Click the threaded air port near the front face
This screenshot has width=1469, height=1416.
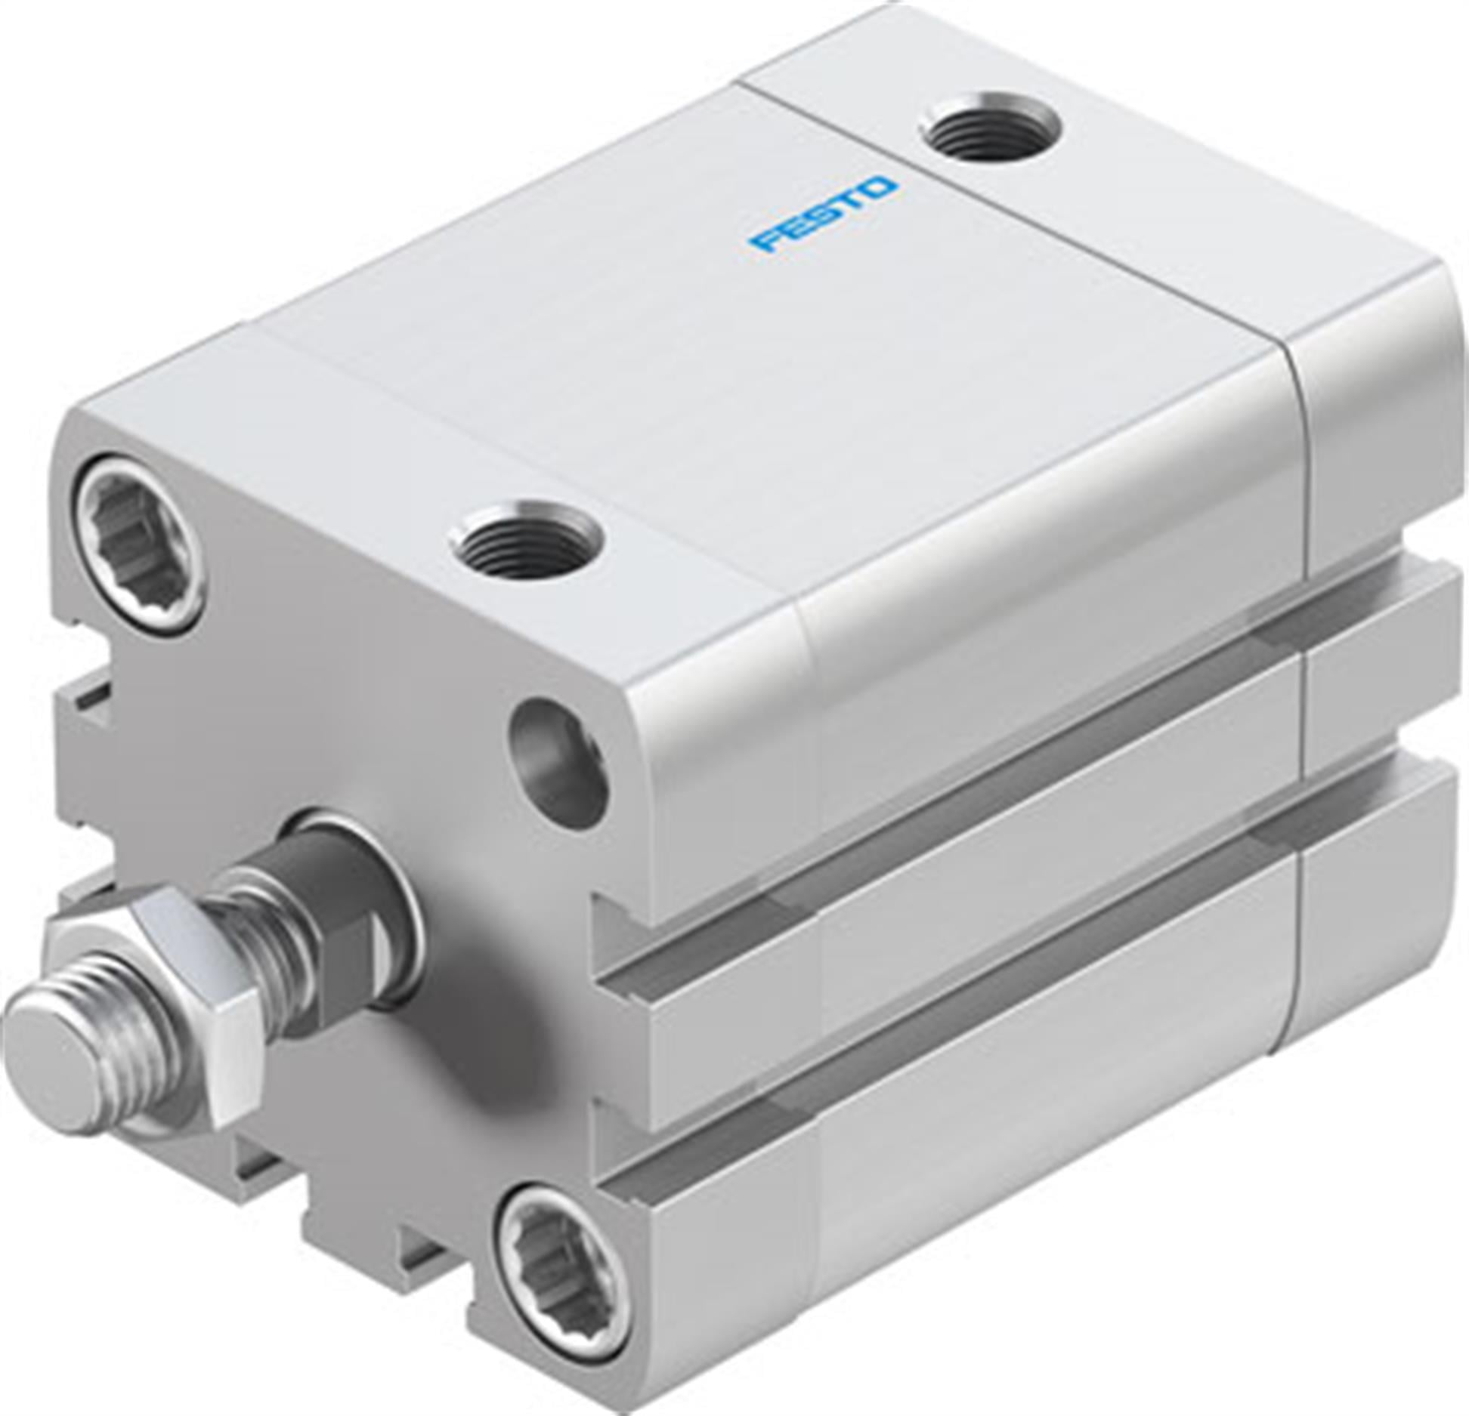[x=527, y=540]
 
